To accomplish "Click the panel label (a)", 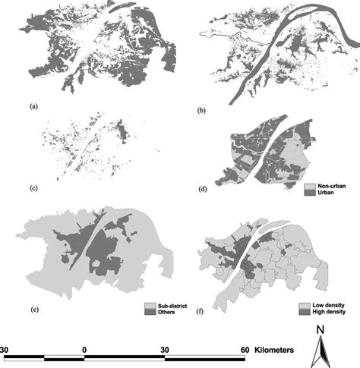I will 33,107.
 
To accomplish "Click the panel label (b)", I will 201,112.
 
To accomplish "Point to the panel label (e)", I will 33,311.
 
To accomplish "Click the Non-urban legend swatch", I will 308,185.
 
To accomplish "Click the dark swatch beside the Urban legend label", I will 308,193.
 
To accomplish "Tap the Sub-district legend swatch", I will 149,305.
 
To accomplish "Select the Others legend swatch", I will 149,313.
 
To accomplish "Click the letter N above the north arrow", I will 321,330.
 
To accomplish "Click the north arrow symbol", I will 321,351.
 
